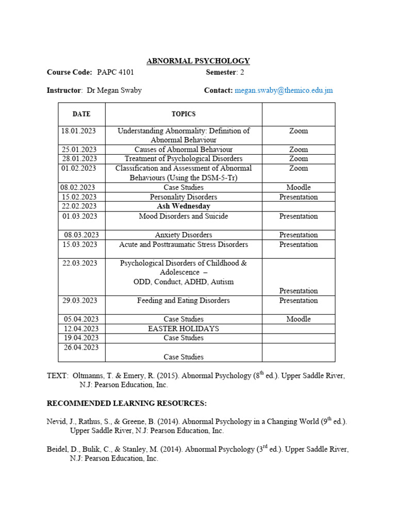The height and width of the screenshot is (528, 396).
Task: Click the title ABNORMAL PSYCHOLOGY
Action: pyautogui.click(x=198, y=61)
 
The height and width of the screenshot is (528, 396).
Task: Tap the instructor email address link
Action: pyautogui.click(x=284, y=90)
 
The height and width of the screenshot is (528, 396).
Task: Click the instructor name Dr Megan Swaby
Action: pyautogui.click(x=114, y=90)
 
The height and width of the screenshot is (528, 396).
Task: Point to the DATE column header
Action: pyautogui.click(x=81, y=114)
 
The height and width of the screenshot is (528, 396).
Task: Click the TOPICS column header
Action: pyautogui.click(x=184, y=114)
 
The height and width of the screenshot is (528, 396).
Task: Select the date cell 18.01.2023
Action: pyautogui.click(x=82, y=131)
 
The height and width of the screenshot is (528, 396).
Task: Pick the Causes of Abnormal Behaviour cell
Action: pyautogui.click(x=184, y=149)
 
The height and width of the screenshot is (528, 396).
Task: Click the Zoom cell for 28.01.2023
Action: pyautogui.click(x=298, y=159)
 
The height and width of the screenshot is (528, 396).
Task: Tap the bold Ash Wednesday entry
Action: pyautogui.click(x=184, y=206)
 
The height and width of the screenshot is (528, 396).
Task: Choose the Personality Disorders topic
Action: pyautogui.click(x=184, y=197)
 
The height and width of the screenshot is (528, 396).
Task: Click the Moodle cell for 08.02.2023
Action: pyautogui.click(x=298, y=188)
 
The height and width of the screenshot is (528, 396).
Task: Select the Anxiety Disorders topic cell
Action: pyautogui.click(x=184, y=235)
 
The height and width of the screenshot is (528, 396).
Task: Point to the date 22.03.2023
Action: pyautogui.click(x=80, y=263)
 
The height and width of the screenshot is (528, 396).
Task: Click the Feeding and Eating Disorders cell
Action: pyautogui.click(x=184, y=301)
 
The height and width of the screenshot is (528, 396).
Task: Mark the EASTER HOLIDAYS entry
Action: pyautogui.click(x=184, y=328)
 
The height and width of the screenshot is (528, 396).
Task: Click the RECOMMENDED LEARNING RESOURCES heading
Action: pyautogui.click(x=126, y=403)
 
